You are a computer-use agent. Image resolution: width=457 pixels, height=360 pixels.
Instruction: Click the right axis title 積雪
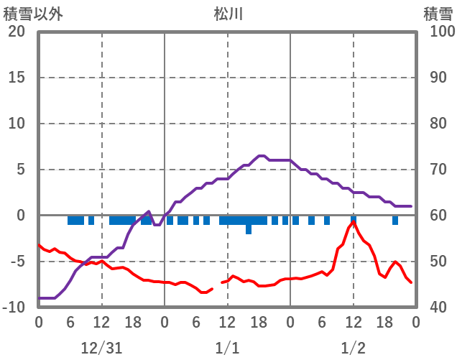pos(437,13)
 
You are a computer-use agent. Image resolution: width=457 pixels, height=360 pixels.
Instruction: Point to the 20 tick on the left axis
pos(17,32)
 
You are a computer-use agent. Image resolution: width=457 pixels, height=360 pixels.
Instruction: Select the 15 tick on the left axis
pos(17,78)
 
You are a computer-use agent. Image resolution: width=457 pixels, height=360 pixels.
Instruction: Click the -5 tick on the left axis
pos(17,262)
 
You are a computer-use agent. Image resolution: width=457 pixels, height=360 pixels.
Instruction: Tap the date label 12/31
pos(102,348)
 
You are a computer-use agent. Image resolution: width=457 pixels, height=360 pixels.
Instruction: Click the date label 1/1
pos(227,348)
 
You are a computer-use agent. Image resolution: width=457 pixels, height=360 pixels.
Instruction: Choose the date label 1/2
pos(353,348)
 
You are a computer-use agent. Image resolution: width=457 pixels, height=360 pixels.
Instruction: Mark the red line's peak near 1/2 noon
pos(354,222)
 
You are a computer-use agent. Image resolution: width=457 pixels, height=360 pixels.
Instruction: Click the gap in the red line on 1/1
pos(217,286)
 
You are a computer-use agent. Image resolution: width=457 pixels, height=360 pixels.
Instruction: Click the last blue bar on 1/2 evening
pos(395,221)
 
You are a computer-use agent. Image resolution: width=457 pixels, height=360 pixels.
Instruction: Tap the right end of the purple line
pos(411,206)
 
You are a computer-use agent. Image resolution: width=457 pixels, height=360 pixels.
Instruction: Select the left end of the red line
pos(39,245)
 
